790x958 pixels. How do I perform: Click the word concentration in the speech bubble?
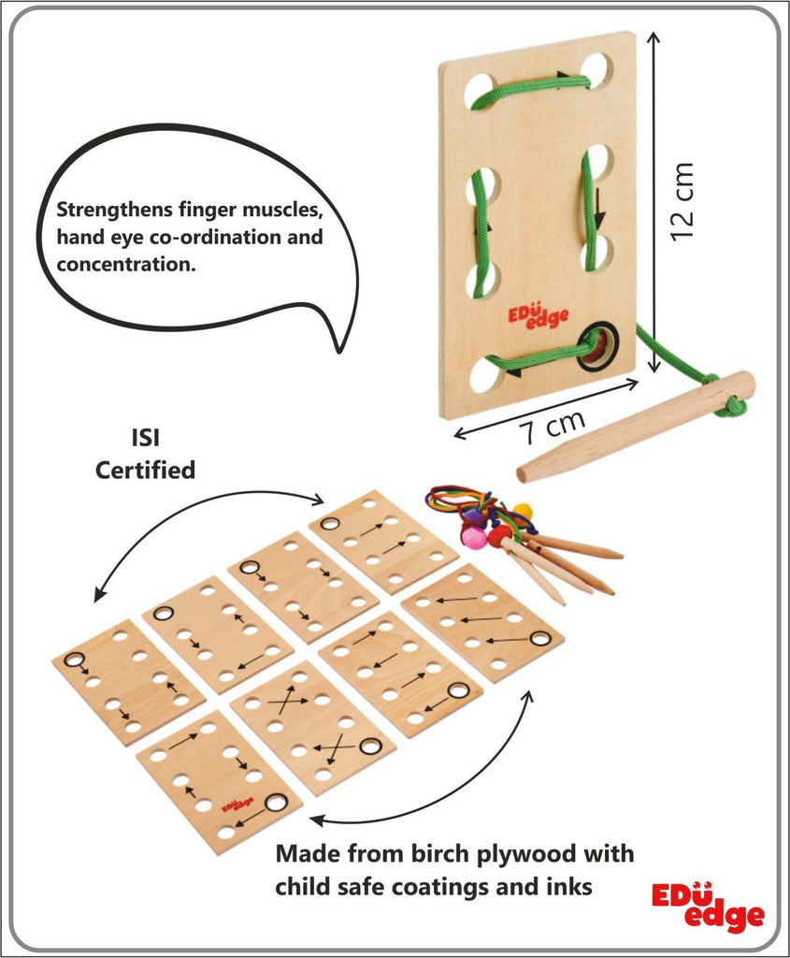pyautogui.click(x=125, y=264)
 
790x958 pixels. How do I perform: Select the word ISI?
pyautogui.click(x=145, y=440)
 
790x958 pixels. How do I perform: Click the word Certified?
pyautogui.click(x=145, y=469)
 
